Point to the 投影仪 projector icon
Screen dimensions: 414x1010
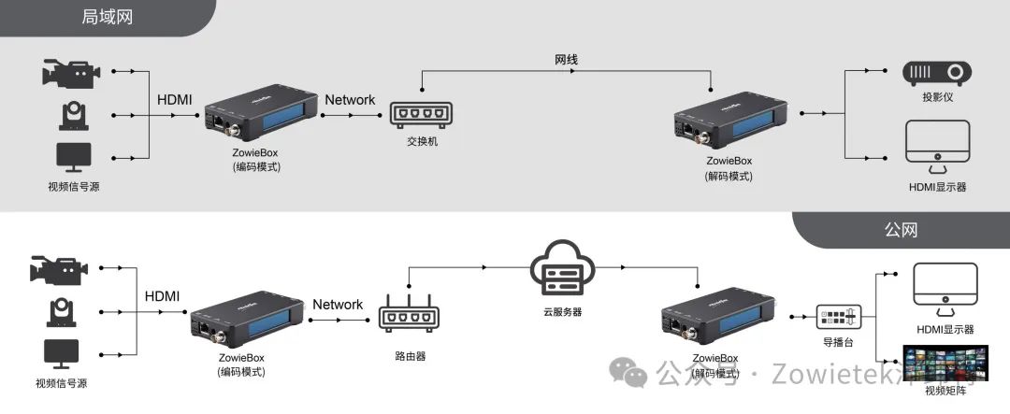coord(936,74)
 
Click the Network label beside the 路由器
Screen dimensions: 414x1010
coord(338,305)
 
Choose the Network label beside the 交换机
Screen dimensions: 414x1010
coord(350,100)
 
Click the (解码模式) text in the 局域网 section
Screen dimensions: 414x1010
coord(729,177)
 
